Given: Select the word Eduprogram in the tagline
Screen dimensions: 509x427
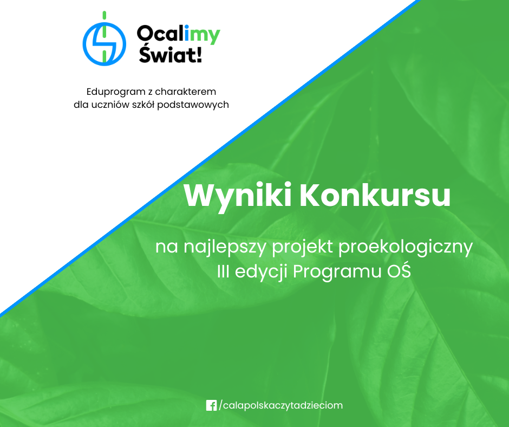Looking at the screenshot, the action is point(116,92).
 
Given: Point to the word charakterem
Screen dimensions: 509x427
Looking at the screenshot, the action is point(185,92).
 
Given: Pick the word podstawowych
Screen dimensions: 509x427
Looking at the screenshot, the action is point(193,105).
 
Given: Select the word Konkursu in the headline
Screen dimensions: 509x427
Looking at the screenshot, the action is point(375,196).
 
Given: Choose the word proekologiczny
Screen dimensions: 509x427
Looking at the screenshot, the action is point(406,247).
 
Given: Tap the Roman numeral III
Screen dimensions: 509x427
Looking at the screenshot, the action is point(223,271).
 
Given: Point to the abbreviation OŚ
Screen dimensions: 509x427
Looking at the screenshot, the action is point(399,271).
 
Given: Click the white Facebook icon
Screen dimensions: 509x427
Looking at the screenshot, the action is point(211,405).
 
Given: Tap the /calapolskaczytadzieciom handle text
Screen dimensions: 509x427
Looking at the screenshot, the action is point(281,406).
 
